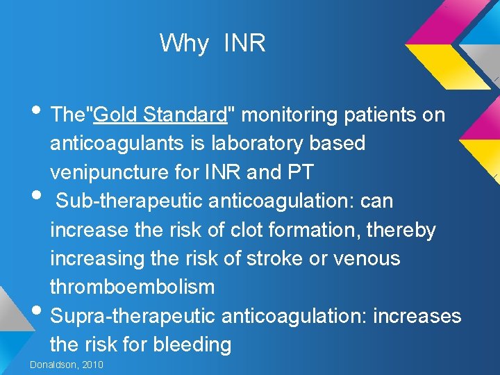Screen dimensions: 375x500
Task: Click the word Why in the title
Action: pyautogui.click(x=183, y=44)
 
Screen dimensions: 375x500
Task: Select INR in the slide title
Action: pyautogui.click(x=244, y=44)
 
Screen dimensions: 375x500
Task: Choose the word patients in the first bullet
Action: pyautogui.click(x=380, y=115)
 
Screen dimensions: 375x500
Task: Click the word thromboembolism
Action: pyautogui.click(x=132, y=287)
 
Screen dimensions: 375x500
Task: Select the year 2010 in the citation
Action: pyautogui.click(x=92, y=365)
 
